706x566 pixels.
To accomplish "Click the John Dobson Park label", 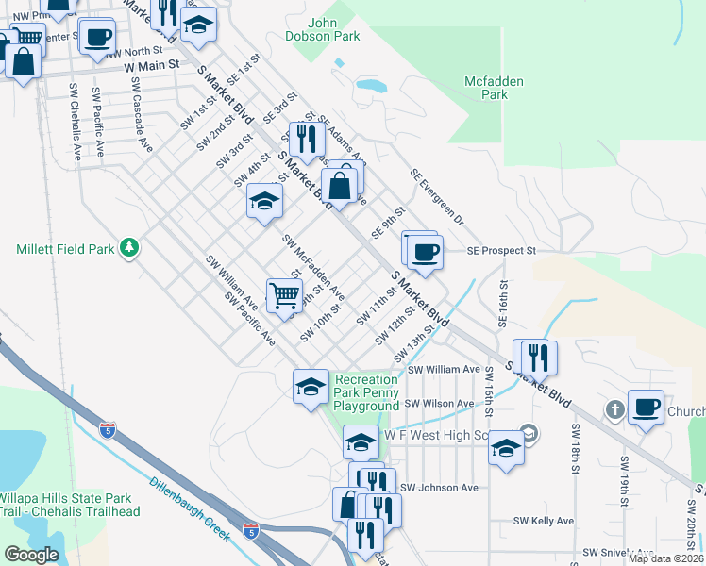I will [334, 29].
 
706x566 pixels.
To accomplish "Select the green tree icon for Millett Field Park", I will [129, 249].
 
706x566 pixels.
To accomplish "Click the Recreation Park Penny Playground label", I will [367, 392].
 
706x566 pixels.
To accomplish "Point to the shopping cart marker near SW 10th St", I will [284, 296].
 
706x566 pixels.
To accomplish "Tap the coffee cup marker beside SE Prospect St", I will [425, 253].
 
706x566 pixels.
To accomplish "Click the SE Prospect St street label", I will [501, 252].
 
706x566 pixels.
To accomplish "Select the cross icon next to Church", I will [614, 409].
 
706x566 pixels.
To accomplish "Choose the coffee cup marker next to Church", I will [646, 407].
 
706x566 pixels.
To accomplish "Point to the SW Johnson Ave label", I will [439, 488].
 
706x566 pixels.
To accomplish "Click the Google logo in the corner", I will [31, 555].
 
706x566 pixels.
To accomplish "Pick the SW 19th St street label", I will [624, 481].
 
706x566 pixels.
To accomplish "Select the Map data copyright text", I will [665, 558].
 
